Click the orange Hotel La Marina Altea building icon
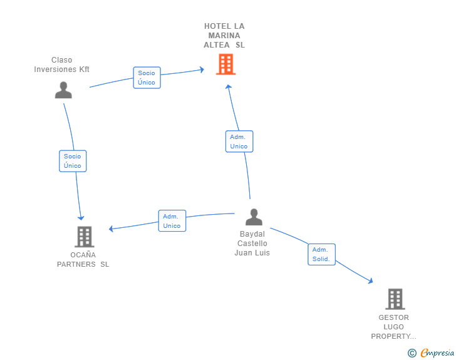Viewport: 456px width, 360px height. (x=225, y=64)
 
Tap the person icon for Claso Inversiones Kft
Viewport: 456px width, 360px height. (x=63, y=90)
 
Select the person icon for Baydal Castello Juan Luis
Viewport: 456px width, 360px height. (x=254, y=217)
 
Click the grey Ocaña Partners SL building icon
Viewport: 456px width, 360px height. (x=84, y=237)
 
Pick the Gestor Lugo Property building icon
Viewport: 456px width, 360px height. (x=395, y=299)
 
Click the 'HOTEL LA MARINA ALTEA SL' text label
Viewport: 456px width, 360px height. (x=224, y=36)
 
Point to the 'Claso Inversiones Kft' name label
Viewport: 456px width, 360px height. (x=62, y=65)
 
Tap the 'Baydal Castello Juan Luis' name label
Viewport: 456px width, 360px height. (x=252, y=244)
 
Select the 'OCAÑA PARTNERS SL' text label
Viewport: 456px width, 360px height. (x=83, y=259)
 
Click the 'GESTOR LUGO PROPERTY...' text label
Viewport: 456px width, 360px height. (x=394, y=327)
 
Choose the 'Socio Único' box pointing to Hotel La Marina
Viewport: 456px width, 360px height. (x=147, y=78)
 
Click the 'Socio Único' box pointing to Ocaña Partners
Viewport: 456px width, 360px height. (x=73, y=161)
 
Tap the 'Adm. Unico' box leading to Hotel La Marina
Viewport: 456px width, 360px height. (x=239, y=141)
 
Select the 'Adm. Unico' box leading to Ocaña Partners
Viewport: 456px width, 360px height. (x=172, y=221)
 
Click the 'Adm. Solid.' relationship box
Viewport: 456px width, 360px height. (x=321, y=254)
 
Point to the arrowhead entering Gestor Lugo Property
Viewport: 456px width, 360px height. (x=371, y=282)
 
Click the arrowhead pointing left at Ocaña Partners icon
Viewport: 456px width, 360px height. (x=111, y=229)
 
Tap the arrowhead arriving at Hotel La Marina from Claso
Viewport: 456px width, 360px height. (x=202, y=69)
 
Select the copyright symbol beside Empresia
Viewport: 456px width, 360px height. (x=412, y=353)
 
